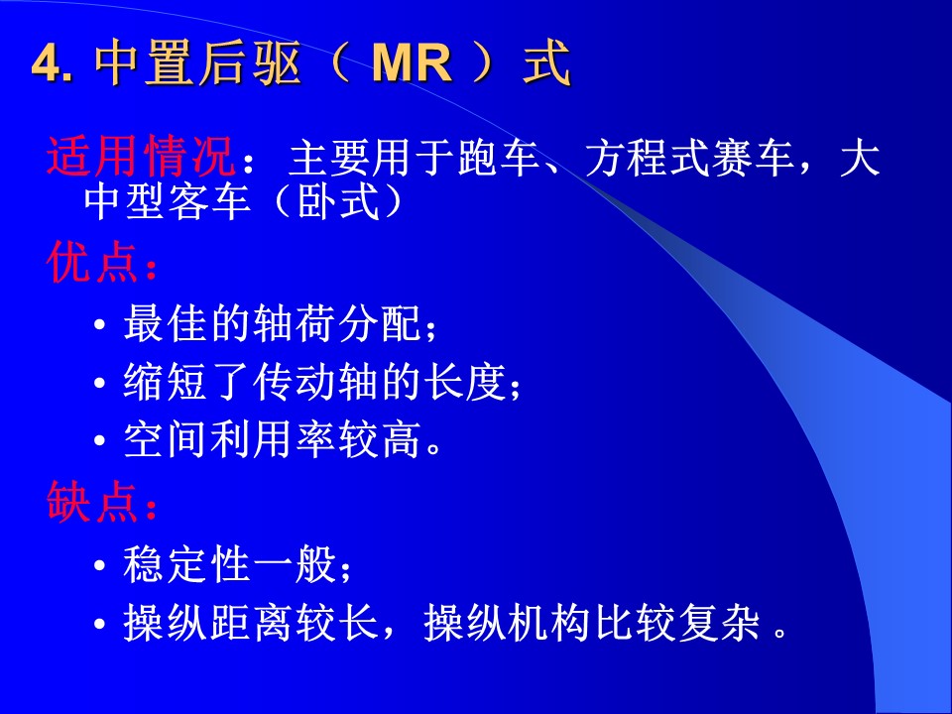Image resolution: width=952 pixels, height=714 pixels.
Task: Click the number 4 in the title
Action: (47, 63)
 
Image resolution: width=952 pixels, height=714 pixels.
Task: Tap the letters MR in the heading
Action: (413, 62)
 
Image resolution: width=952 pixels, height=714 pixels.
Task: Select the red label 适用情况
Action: (140, 156)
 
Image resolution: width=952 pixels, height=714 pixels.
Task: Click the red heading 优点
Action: (91, 262)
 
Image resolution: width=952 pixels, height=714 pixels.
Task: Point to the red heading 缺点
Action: (91, 502)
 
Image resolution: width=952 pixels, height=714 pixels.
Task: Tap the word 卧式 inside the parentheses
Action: (339, 200)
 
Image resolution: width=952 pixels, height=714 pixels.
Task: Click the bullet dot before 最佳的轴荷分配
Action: (100, 325)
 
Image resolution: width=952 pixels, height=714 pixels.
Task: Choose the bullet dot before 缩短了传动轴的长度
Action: (100, 384)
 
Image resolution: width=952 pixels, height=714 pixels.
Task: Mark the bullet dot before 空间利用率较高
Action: (100, 441)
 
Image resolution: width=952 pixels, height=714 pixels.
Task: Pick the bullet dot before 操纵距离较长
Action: (100, 624)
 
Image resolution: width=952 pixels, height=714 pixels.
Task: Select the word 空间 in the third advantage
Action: (166, 439)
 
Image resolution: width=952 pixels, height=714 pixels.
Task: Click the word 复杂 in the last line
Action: (719, 622)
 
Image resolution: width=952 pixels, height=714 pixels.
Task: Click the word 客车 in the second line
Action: (209, 200)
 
